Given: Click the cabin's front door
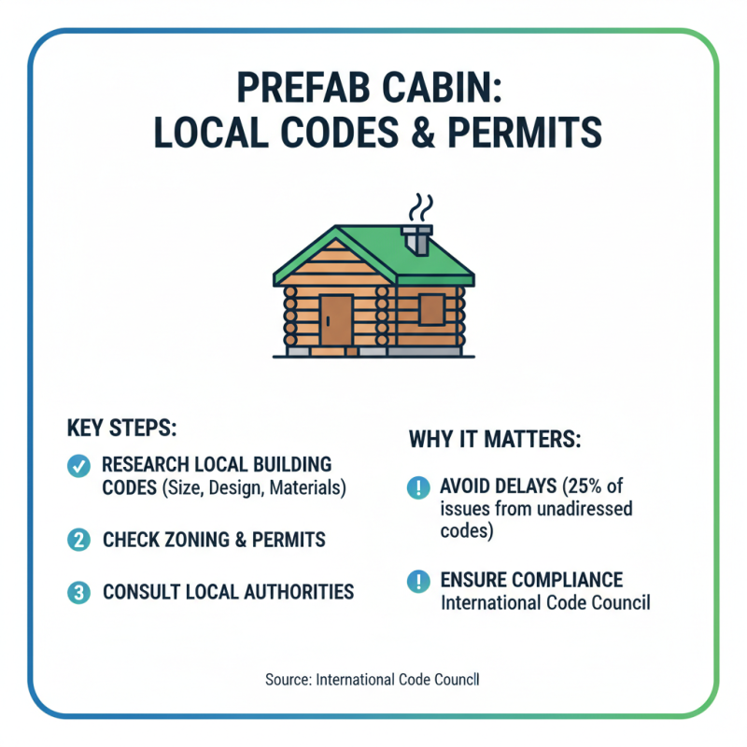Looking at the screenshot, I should (x=335, y=320).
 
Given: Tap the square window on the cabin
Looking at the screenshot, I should (x=431, y=309).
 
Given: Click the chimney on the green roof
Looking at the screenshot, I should (x=417, y=239).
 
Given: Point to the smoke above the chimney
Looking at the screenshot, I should (x=422, y=207).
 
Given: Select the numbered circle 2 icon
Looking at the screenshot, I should (x=79, y=539).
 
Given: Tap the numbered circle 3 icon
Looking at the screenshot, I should (x=79, y=592).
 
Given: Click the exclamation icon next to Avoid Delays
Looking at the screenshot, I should (x=417, y=487).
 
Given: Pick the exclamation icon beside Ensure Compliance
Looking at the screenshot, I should (x=417, y=581).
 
